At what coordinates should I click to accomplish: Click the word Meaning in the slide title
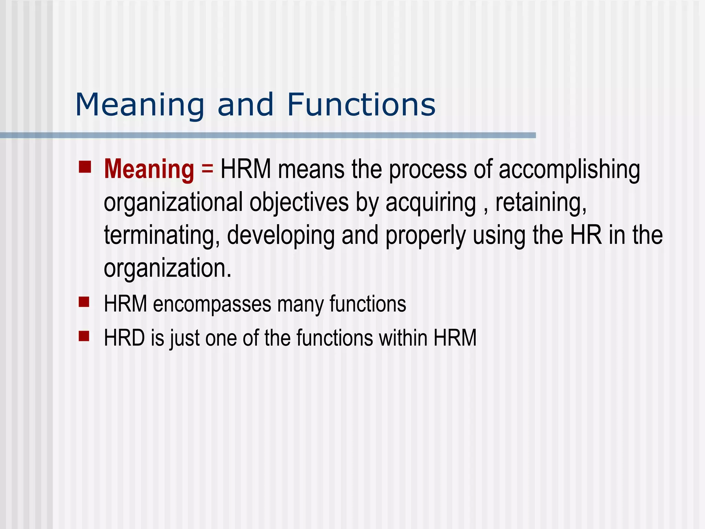(x=140, y=105)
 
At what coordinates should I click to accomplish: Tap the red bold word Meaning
(x=149, y=169)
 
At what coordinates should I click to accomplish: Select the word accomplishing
(x=569, y=169)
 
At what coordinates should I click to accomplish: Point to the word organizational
(x=173, y=203)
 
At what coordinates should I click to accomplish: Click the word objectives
(x=299, y=203)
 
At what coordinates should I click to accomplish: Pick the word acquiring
(x=431, y=203)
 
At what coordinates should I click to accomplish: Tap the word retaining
(x=540, y=203)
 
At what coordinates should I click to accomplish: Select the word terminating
(x=162, y=235)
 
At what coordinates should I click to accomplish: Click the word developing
(x=281, y=235)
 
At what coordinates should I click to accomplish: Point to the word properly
(x=425, y=235)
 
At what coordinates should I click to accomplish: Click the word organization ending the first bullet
(x=167, y=268)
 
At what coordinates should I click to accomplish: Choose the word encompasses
(x=212, y=304)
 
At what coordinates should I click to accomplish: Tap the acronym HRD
(x=124, y=338)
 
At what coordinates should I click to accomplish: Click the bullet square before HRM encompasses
(x=84, y=302)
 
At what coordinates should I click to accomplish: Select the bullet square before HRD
(x=84, y=335)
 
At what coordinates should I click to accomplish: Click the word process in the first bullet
(x=428, y=169)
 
